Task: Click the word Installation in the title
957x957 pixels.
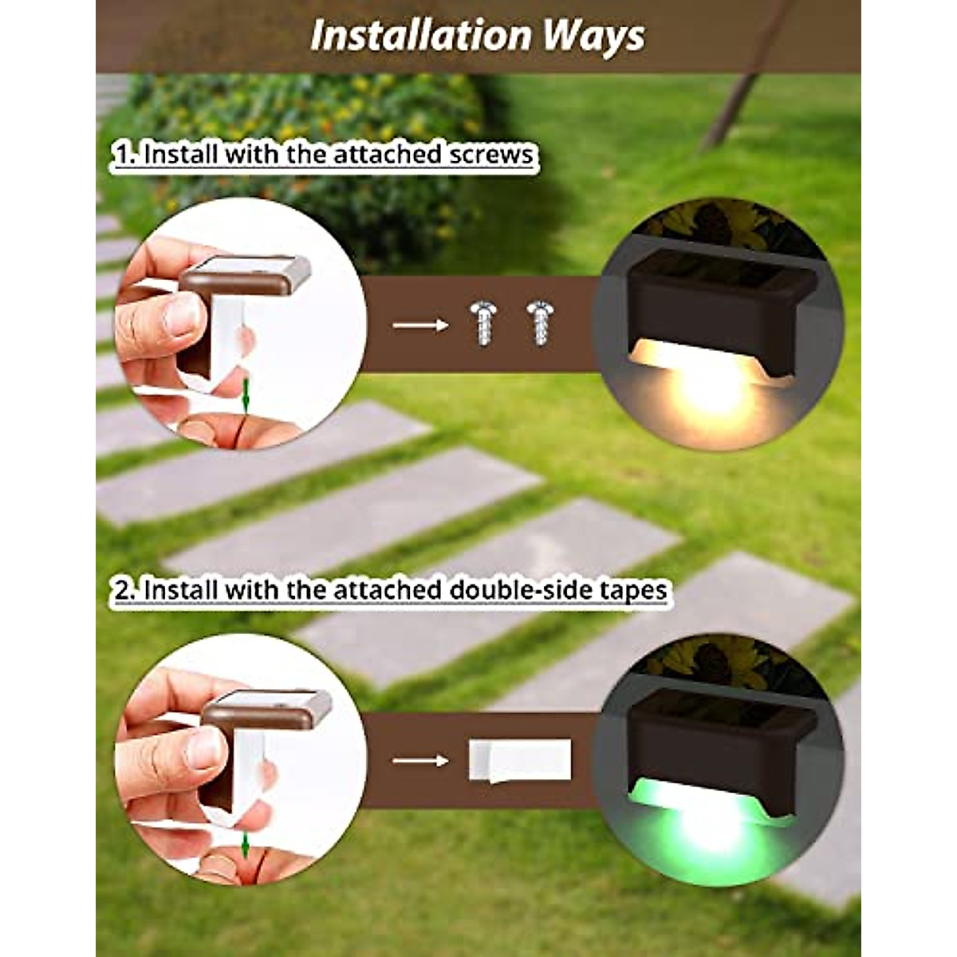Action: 420,36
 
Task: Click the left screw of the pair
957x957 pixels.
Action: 483,322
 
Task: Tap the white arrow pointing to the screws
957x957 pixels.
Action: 420,325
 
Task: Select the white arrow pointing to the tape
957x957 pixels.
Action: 420,760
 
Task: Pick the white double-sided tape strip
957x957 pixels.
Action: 519,760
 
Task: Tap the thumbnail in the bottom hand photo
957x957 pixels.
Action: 204,747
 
